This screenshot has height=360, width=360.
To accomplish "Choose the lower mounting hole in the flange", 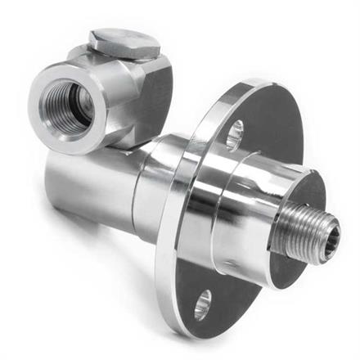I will click(202, 302).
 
